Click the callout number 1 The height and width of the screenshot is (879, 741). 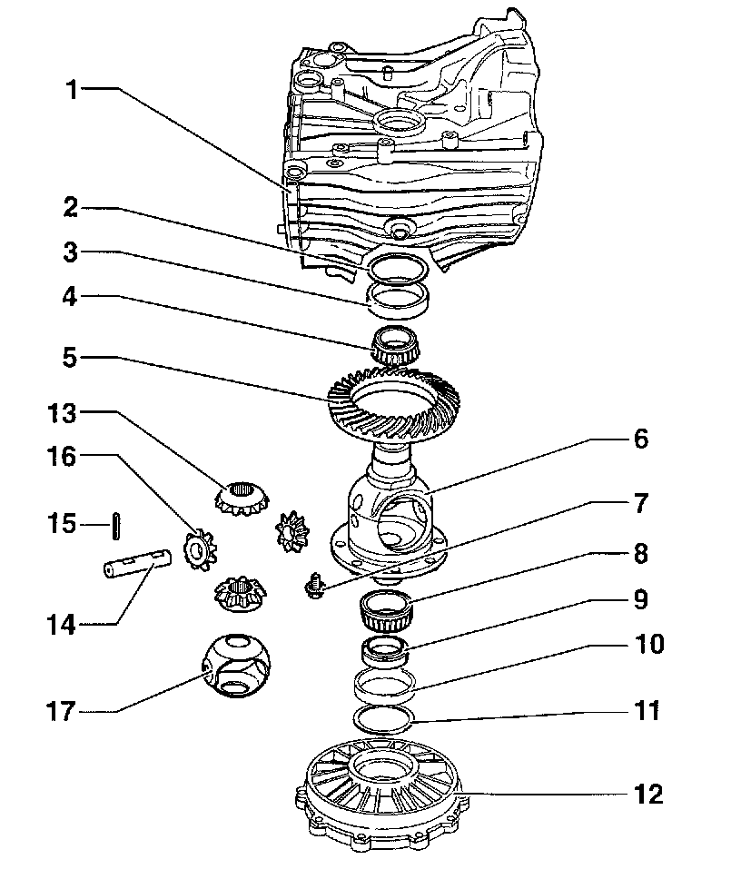[73, 90]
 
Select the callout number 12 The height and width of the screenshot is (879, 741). [648, 795]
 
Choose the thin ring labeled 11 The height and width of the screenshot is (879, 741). [383, 719]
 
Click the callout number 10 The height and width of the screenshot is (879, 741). [648, 646]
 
